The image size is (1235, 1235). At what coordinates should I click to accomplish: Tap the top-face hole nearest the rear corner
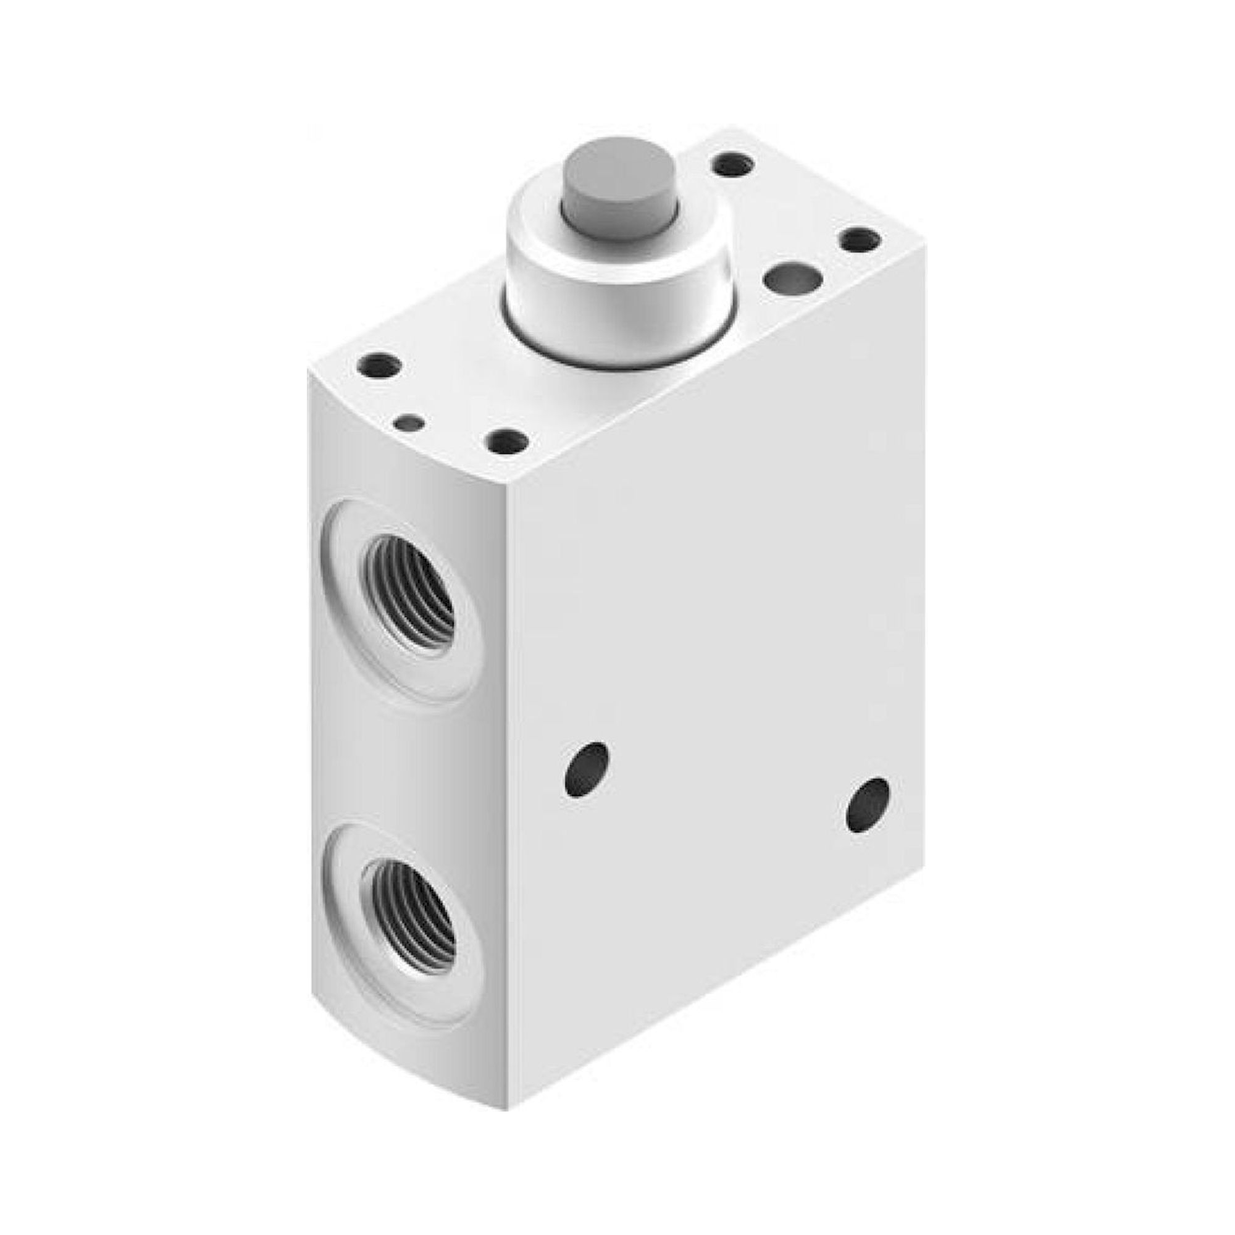732,166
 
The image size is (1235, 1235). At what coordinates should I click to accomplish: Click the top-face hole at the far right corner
860,241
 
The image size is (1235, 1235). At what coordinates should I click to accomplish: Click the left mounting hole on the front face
585,769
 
